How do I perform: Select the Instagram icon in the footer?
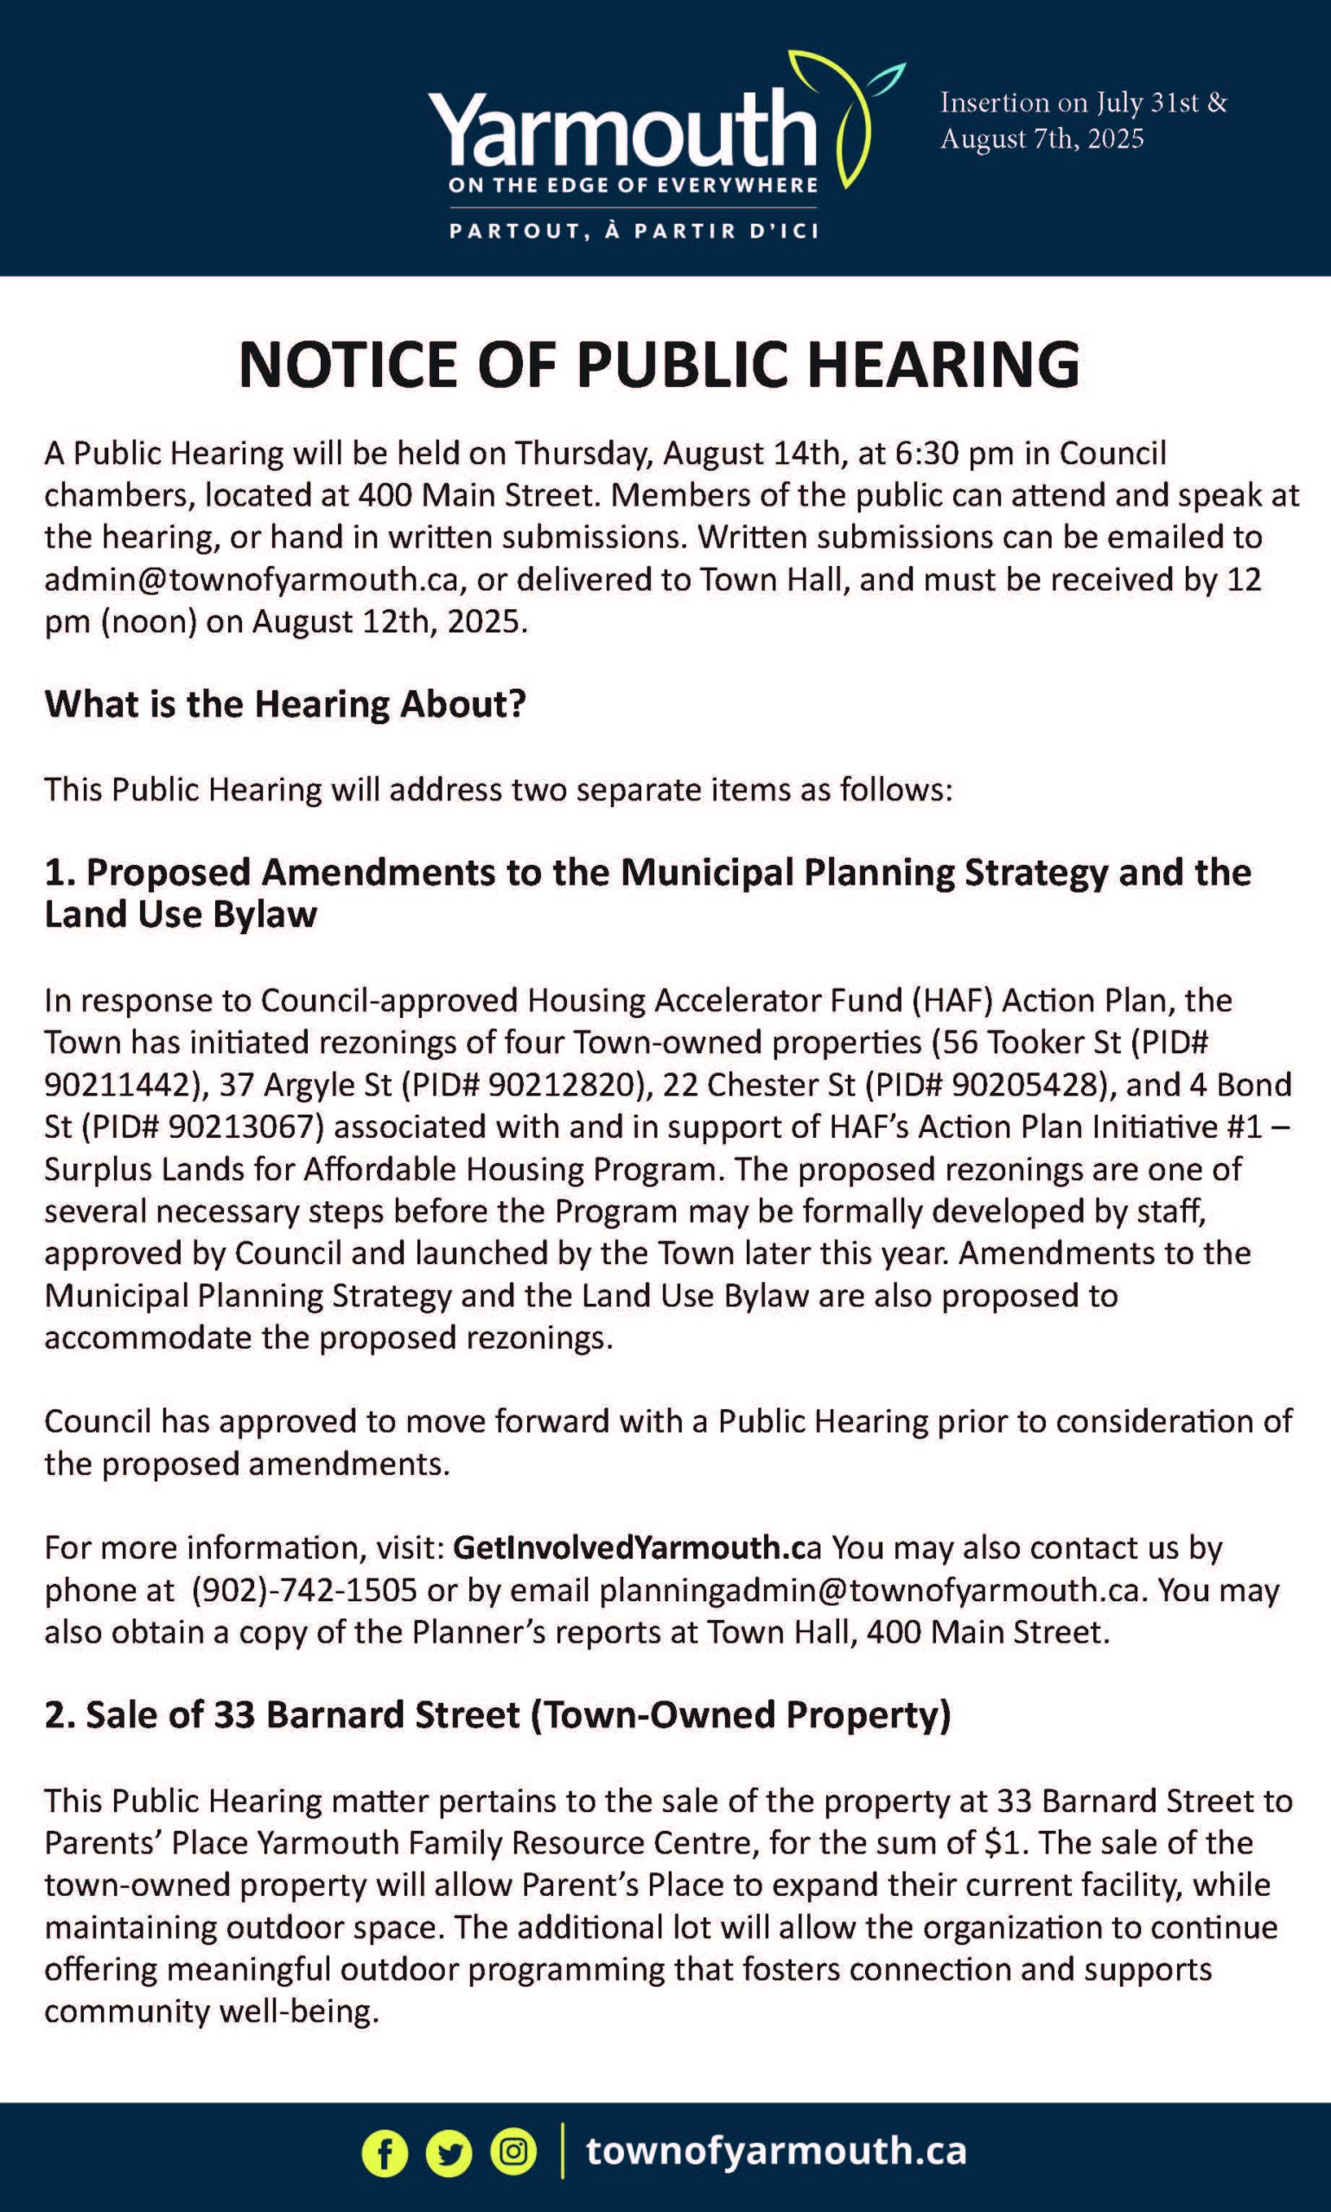[x=513, y=2151]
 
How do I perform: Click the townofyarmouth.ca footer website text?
[x=776, y=2150]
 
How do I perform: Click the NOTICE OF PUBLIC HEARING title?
[x=659, y=365]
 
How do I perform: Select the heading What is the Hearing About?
[x=284, y=704]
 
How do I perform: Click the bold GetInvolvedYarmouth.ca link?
[x=636, y=1548]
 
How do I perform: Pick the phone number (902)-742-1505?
[x=304, y=1590]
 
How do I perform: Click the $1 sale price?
[x=1005, y=1842]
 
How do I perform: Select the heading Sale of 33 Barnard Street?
[x=498, y=1714]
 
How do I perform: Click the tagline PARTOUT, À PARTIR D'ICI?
[x=634, y=231]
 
